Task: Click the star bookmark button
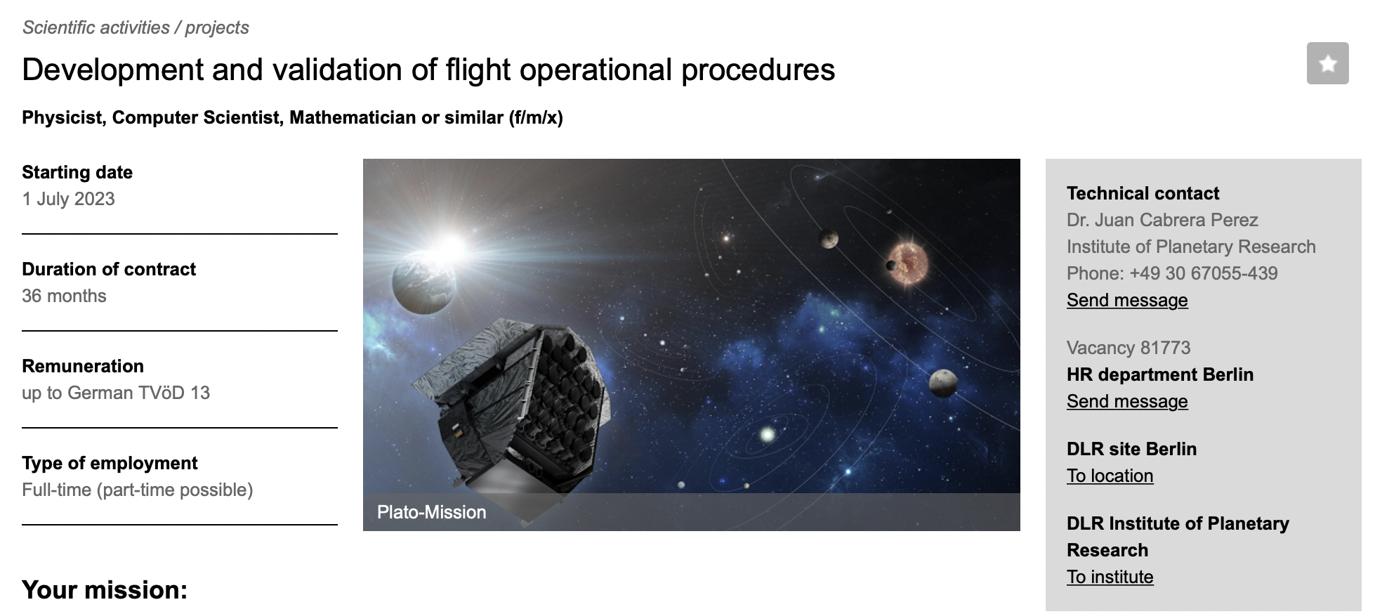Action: point(1327,63)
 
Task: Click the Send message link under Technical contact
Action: point(1127,300)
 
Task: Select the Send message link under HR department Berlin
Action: point(1127,401)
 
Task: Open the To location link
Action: point(1110,476)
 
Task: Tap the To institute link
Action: point(1110,577)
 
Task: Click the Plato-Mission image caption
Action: point(431,512)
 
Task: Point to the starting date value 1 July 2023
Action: point(68,199)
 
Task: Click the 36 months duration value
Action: point(64,296)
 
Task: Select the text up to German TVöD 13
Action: point(116,393)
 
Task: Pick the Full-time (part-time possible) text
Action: point(138,490)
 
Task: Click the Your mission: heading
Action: point(105,590)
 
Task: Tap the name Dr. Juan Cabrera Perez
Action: point(1162,220)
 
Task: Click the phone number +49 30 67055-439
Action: point(1204,273)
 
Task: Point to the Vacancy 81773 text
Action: point(1129,348)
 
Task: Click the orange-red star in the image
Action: point(908,264)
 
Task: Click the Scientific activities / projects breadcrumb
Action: point(136,27)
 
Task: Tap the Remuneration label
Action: point(83,366)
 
